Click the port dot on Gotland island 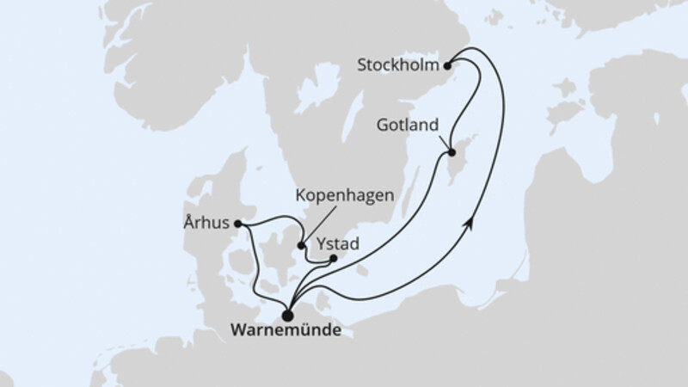(x=451, y=154)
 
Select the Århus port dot (x=238, y=225)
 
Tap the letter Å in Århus (x=189, y=224)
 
